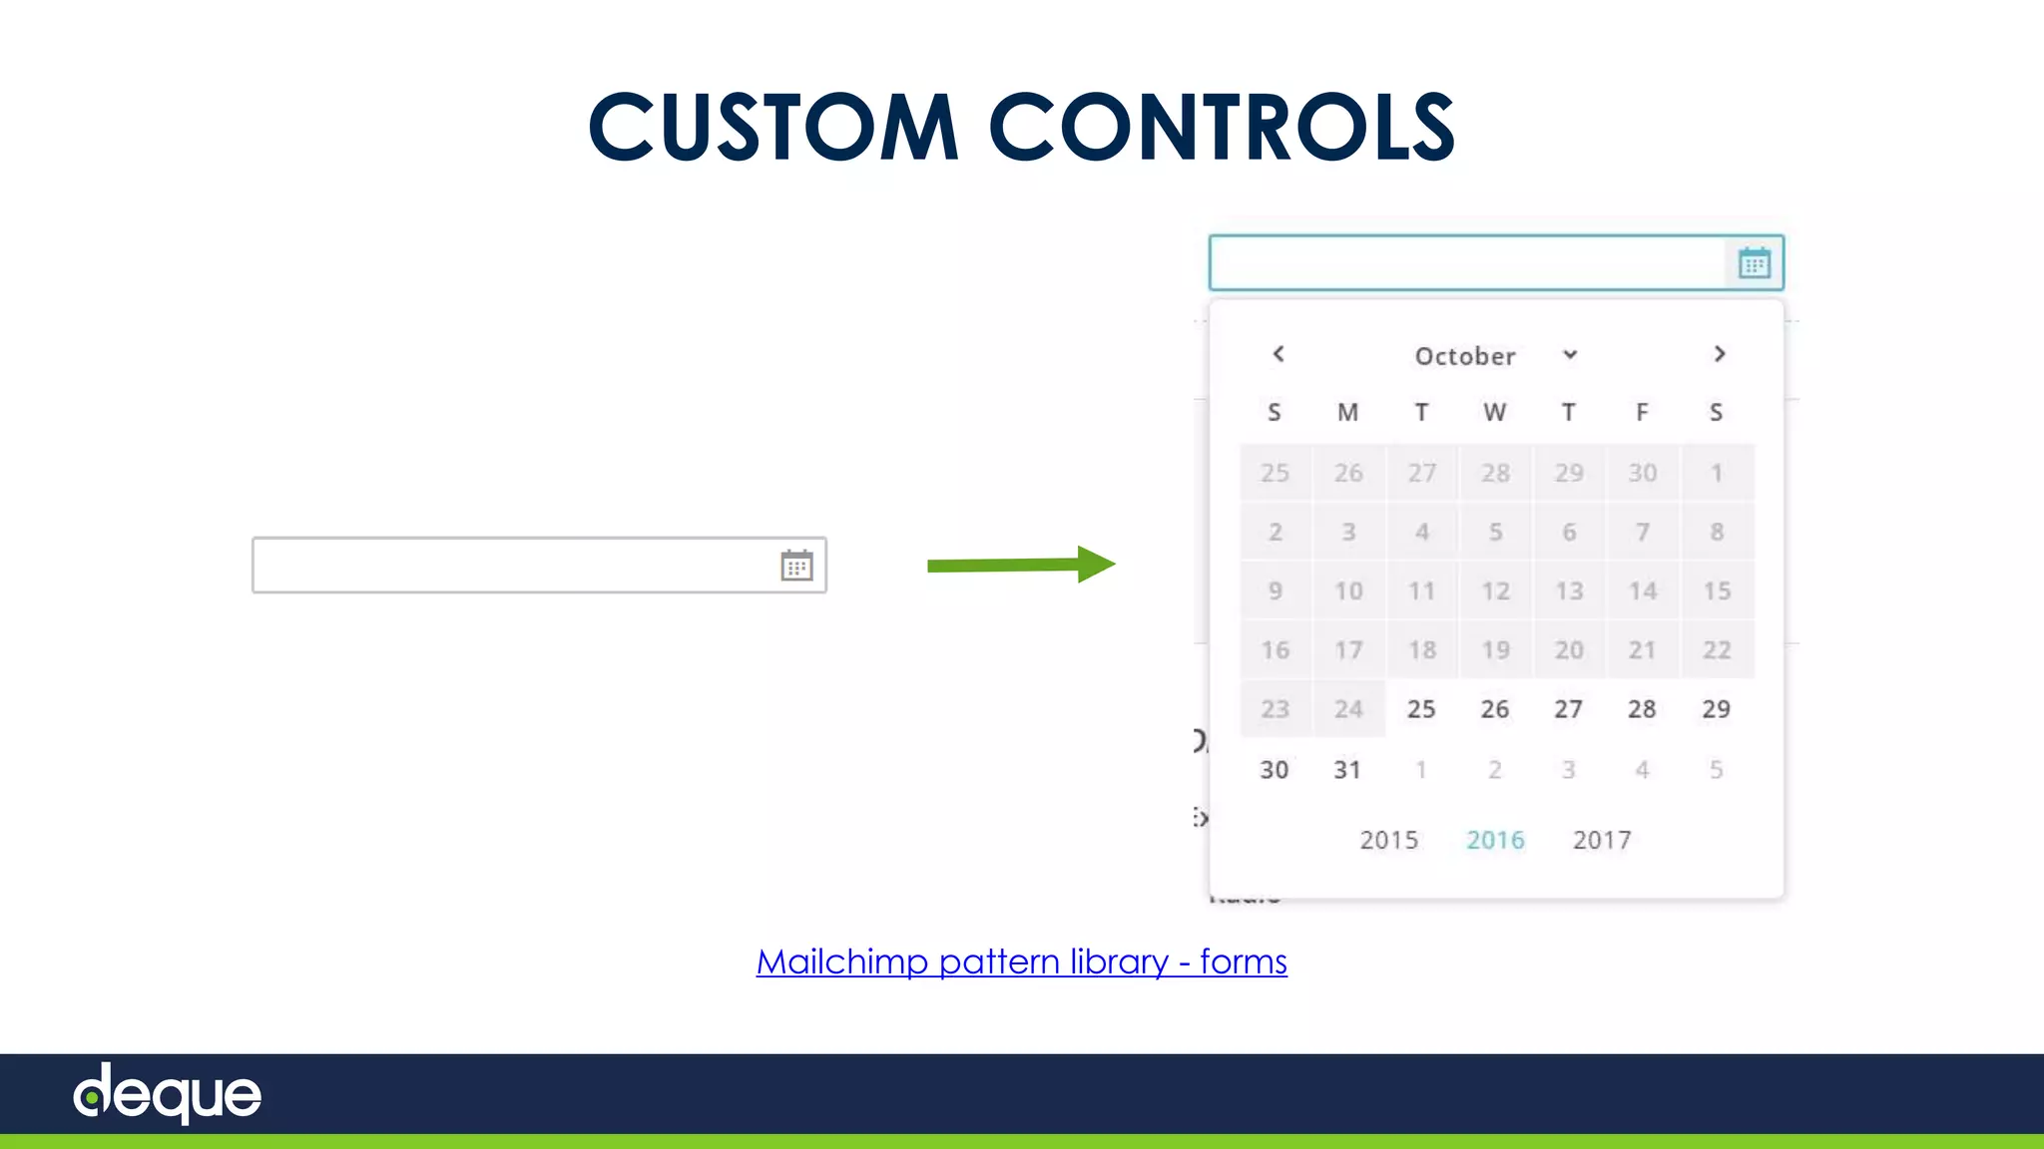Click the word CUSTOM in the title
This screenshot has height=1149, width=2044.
(x=773, y=127)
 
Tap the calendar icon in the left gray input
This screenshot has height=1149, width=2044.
(x=796, y=566)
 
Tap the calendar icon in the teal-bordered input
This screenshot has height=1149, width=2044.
(x=1754, y=263)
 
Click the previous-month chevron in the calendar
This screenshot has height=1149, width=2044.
(x=1278, y=354)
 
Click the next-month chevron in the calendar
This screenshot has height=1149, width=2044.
(x=1719, y=354)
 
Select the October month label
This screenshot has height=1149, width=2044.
(x=1465, y=356)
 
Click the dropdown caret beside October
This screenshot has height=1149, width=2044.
(x=1570, y=355)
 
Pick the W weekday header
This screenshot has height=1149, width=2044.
(x=1494, y=412)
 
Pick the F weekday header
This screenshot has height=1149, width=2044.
(x=1642, y=412)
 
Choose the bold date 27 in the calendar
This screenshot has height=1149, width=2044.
(x=1568, y=709)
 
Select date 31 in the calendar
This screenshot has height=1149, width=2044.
(x=1347, y=770)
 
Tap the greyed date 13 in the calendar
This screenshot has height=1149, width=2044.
(x=1569, y=591)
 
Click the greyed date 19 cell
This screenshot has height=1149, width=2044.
(x=1495, y=650)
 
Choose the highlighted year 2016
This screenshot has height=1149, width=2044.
(x=1495, y=840)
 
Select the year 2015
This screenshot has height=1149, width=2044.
(x=1388, y=840)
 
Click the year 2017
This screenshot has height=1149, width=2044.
(x=1602, y=840)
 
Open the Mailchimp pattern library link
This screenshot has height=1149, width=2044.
(x=1021, y=961)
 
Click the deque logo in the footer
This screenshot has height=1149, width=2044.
(x=168, y=1094)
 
